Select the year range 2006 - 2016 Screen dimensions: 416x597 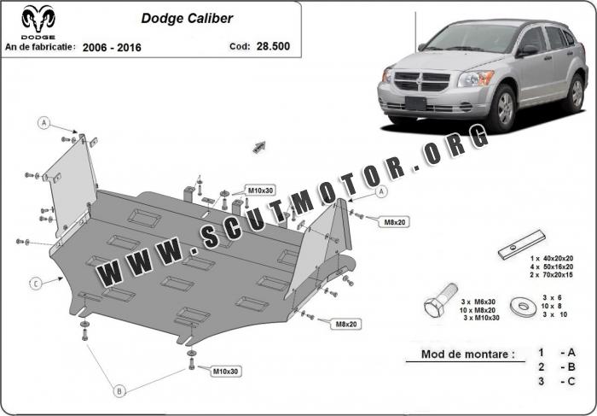(112, 47)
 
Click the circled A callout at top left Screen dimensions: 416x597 (43, 123)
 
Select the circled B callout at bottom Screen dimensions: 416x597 (119, 390)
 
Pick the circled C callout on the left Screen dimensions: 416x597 (36, 283)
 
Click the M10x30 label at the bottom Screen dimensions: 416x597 (225, 372)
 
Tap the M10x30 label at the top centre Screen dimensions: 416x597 (259, 190)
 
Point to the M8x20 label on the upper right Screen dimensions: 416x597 (394, 222)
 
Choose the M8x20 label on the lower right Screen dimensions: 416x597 (346, 324)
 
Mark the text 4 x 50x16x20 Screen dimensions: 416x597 (551, 266)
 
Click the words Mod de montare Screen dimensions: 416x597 (467, 354)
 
